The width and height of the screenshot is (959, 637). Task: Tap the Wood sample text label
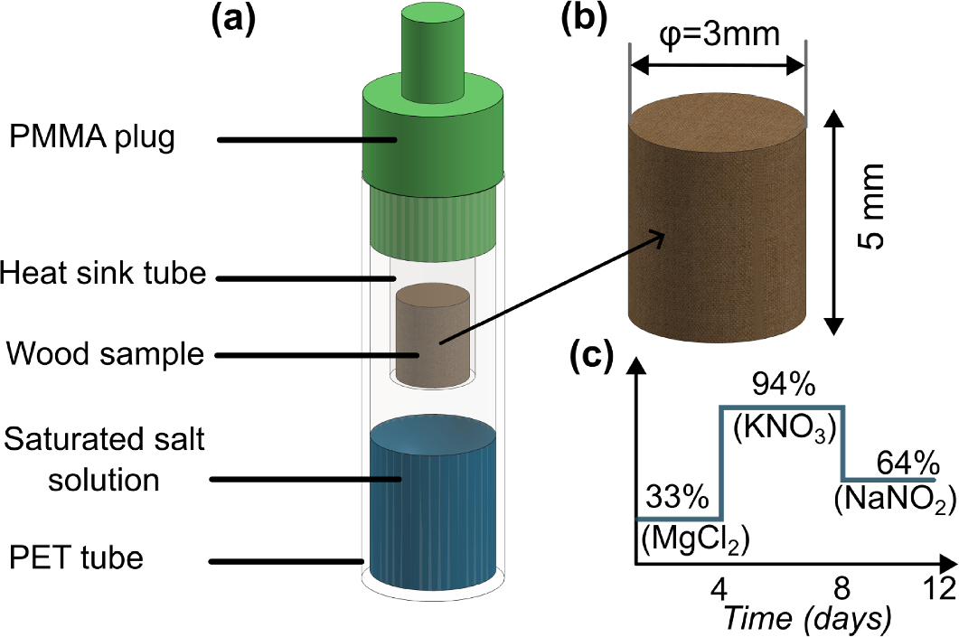click(106, 353)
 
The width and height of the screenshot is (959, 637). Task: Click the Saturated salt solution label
click(104, 460)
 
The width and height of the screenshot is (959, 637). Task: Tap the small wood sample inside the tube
click(431, 334)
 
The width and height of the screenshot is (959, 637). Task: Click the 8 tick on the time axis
click(841, 587)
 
